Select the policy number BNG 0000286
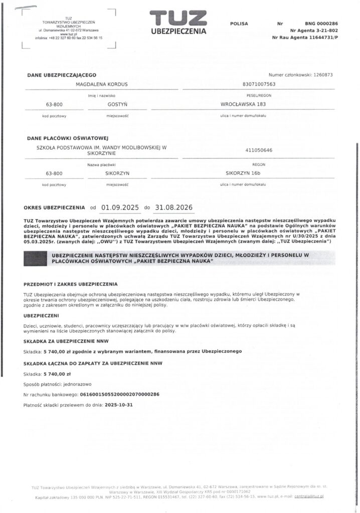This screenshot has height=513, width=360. coord(321,24)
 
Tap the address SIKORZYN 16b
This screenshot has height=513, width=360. coord(242,173)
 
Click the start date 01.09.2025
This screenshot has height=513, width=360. coord(119,206)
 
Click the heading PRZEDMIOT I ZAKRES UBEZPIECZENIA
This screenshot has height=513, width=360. coord(70,284)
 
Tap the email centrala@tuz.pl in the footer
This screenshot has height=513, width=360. coord(309,496)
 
